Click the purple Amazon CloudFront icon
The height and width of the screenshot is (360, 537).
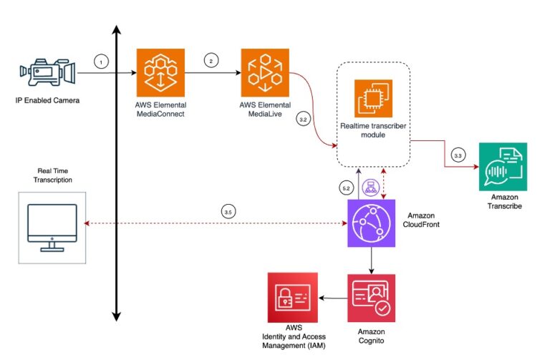[371, 223]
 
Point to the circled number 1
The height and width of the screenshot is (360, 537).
[101, 62]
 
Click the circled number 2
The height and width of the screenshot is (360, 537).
[211, 62]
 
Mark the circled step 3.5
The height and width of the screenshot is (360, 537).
[227, 213]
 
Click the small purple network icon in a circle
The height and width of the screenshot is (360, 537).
[371, 188]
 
